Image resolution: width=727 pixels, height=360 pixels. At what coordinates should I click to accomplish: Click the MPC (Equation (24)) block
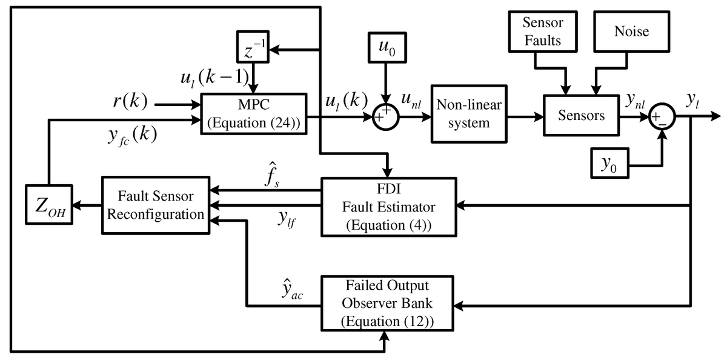tap(254, 113)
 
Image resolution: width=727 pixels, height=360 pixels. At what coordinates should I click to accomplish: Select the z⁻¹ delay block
tap(253, 47)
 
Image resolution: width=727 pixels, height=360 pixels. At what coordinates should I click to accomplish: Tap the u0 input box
tap(387, 47)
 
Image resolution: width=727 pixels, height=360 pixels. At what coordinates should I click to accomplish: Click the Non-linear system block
tap(469, 114)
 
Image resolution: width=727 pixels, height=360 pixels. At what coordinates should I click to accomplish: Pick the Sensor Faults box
tap(543, 32)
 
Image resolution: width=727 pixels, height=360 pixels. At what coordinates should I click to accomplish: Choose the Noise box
tap(631, 32)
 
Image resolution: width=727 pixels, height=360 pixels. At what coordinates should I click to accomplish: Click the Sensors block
tap(581, 115)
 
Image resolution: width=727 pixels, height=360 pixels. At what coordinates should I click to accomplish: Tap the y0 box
tap(610, 163)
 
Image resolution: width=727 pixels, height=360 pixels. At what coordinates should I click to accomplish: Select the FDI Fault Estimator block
tap(389, 207)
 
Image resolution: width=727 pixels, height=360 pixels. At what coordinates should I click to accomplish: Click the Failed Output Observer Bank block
tap(387, 303)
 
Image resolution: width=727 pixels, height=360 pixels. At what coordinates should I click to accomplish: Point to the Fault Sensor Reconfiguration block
tap(156, 205)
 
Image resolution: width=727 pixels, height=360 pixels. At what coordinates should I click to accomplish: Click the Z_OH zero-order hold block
tap(49, 204)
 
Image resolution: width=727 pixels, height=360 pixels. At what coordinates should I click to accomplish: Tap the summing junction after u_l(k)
tap(386, 117)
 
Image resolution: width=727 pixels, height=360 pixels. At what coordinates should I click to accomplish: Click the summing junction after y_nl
tap(662, 117)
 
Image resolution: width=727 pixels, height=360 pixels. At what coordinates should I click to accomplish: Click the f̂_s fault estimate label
tap(272, 175)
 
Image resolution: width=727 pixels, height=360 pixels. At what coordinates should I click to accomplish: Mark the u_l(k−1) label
tap(215, 78)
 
